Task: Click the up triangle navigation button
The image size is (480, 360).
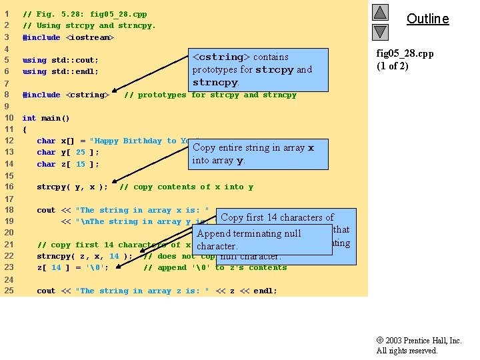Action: pos(379,13)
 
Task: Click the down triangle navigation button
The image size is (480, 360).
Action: pos(379,31)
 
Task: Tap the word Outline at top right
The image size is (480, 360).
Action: pos(427,19)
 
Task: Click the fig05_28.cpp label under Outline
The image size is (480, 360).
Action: pos(405,53)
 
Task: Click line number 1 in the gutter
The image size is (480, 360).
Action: pos(7,14)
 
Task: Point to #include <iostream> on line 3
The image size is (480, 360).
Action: pos(68,37)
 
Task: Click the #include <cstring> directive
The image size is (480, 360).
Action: pos(65,95)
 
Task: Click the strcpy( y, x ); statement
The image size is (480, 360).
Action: pos(72,187)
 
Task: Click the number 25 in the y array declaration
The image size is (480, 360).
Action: pos(80,153)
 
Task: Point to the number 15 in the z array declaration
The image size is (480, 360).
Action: pos(80,164)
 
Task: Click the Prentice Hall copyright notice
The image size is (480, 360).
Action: pos(419,345)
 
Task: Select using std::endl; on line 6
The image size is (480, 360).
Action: pos(61,71)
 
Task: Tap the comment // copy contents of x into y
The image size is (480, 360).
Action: pos(186,187)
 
